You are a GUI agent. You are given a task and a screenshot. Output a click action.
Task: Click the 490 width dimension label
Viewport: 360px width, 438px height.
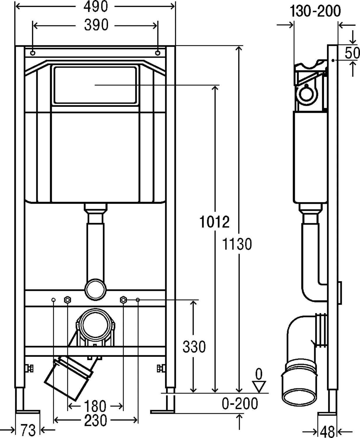tap(96, 6)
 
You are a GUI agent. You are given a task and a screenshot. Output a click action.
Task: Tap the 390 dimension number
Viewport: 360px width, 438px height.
tap(96, 25)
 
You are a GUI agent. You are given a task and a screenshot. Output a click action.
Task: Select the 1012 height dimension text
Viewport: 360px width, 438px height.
tap(214, 222)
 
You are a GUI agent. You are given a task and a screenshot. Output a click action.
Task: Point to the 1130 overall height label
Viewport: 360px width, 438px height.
tap(237, 244)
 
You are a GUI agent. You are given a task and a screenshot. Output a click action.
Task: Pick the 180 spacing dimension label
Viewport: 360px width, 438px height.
tap(95, 406)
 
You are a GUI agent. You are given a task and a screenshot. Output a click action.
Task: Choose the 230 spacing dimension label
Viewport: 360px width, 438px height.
tap(96, 420)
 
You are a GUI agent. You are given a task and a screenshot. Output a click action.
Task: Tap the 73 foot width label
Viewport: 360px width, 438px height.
tap(28, 430)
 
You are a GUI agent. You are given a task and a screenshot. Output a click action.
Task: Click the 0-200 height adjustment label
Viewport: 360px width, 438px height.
tap(240, 404)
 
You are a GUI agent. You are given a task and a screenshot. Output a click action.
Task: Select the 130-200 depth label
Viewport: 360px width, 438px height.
tap(315, 11)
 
